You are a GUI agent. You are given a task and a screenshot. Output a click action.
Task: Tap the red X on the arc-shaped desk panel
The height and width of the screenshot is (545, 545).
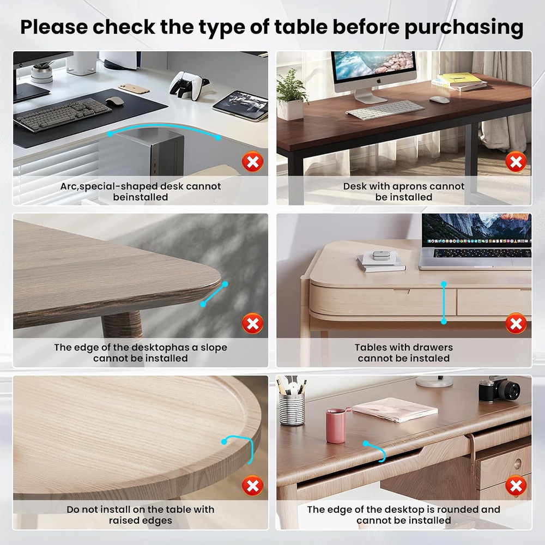click(x=252, y=162)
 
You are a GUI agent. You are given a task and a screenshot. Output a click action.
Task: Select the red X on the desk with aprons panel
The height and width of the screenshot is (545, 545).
click(x=515, y=162)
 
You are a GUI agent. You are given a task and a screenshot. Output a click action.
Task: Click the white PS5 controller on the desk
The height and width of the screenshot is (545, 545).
click(x=187, y=86)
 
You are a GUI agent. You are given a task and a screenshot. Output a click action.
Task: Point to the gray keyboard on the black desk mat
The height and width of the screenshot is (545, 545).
click(x=62, y=115)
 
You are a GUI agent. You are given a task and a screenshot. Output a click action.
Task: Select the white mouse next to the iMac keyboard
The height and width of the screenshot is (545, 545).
click(x=439, y=100)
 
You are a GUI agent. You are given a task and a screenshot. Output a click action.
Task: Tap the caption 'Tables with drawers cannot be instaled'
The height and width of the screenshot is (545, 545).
click(x=404, y=353)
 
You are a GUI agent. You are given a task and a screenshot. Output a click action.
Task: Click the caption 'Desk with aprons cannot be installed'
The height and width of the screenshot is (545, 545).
click(x=404, y=191)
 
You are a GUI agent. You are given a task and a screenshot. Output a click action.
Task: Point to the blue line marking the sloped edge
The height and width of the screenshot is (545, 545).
click(x=214, y=294)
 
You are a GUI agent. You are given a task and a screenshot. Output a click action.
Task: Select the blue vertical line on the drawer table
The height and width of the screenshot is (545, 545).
click(x=444, y=302)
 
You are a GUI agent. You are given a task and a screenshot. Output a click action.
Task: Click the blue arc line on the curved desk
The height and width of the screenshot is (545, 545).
click(x=163, y=130)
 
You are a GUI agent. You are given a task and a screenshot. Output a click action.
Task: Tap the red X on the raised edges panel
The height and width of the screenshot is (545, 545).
click(x=252, y=485)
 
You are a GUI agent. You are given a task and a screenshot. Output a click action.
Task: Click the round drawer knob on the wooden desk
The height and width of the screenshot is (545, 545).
click(x=517, y=463)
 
